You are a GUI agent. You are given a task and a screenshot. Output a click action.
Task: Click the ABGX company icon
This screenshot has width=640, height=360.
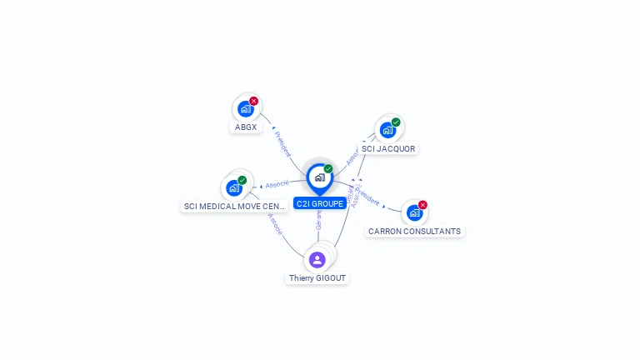pos(245,108)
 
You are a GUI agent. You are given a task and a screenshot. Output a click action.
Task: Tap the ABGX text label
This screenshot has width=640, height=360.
pos(246,127)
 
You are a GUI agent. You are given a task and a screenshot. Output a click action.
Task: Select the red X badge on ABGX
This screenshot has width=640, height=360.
pos(254,101)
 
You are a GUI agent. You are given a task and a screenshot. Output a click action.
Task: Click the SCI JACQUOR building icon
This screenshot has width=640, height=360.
pos(387,130)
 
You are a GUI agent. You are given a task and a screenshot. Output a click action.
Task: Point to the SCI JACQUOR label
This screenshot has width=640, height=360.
pos(388,149)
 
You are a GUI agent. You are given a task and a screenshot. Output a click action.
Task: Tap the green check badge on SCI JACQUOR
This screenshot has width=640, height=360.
pos(396,122)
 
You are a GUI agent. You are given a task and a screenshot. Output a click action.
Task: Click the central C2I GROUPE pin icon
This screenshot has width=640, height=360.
pos(319,177)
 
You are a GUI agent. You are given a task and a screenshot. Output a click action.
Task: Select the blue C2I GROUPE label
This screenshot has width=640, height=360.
pos(319,203)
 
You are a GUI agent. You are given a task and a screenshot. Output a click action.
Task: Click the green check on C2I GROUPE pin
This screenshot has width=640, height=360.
pos(328,168)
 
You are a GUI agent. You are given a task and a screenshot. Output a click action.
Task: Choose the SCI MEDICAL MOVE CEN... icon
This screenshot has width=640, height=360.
pos(234,187)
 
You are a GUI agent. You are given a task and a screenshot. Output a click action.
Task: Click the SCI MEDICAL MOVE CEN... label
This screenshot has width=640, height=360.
pos(234,207)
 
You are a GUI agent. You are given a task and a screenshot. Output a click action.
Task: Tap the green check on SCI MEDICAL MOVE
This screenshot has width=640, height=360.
pos(242,180)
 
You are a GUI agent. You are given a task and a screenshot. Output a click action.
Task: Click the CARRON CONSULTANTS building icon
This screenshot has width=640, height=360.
pos(414,212)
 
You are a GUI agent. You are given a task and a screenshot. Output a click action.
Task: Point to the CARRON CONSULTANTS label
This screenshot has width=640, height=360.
pos(414,232)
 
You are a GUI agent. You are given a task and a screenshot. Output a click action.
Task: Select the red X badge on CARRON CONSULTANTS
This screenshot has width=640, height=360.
pos(422,205)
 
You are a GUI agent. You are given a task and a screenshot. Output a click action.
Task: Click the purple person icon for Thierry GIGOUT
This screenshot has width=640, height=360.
pos(317,259)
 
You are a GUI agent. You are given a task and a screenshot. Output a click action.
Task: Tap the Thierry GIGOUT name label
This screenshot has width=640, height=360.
pos(317,278)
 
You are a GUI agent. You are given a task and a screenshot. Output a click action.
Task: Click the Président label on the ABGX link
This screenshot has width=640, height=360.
pos(282,143)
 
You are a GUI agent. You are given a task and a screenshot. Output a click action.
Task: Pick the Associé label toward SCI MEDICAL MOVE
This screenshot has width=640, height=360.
pos(277,184)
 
